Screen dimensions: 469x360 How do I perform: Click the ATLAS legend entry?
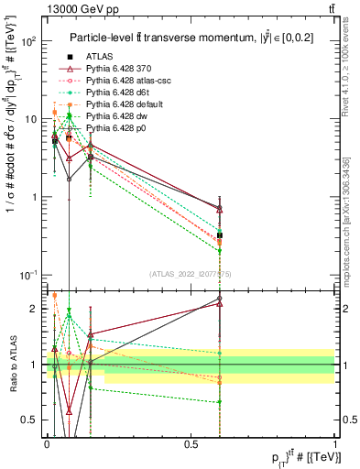click(100, 57)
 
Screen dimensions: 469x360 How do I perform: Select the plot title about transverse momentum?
click(188, 37)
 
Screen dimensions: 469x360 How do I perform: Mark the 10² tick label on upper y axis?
click(27, 42)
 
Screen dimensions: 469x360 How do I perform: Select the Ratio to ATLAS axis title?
click(13, 365)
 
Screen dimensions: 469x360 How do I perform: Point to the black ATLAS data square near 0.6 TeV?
click(220, 235)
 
